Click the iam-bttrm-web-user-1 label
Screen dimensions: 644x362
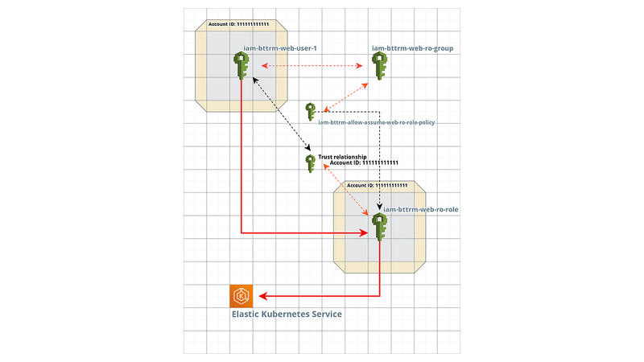(x=280, y=48)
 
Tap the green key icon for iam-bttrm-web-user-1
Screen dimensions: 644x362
(x=241, y=66)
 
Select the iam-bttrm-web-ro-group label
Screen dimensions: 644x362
(x=412, y=48)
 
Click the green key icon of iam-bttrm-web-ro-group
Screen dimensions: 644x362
(x=379, y=66)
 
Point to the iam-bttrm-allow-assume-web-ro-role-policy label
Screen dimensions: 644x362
(x=376, y=122)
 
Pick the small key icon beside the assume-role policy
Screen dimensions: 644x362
(x=311, y=112)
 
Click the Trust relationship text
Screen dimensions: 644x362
(x=343, y=157)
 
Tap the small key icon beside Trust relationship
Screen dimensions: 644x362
(x=311, y=164)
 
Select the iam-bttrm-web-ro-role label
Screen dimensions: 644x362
(x=420, y=209)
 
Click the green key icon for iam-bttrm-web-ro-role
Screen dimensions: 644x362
(x=379, y=227)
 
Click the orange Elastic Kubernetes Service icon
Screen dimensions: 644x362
(x=241, y=296)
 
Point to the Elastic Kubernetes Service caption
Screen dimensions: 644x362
(x=287, y=314)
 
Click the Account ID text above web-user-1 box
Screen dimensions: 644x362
(x=238, y=24)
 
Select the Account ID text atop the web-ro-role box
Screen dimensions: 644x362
(x=377, y=186)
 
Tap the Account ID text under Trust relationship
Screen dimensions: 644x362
(x=364, y=162)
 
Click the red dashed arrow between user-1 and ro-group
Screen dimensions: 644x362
(x=312, y=66)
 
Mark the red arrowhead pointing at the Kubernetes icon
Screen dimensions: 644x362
(x=263, y=296)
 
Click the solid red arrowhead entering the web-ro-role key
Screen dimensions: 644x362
(x=363, y=233)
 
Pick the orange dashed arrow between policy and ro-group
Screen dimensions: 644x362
(x=345, y=97)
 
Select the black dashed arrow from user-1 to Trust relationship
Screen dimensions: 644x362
(x=281, y=113)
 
